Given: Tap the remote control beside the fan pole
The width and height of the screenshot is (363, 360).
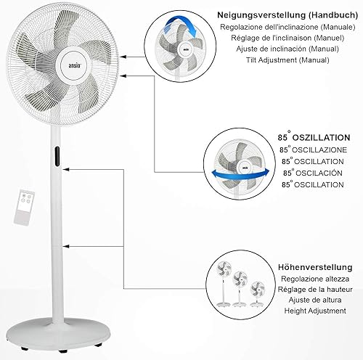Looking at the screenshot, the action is coord(24,208).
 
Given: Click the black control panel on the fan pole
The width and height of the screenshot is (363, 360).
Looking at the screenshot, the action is coord(57,156).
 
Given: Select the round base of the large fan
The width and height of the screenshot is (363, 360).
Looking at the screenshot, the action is coord(58,333).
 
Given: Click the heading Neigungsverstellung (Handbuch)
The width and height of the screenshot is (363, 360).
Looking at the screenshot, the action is coord(287,15).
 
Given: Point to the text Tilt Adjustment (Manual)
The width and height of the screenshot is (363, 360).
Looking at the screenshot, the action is coord(287,60).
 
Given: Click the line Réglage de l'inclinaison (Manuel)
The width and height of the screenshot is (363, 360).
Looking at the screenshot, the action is coord(287,38).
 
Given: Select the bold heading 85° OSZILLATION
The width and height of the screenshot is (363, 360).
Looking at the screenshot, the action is coord(314,137).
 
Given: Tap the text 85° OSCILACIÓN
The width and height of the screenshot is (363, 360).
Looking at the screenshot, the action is coord(313,173).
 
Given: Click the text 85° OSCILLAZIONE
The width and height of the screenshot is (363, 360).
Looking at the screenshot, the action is coord(313,150).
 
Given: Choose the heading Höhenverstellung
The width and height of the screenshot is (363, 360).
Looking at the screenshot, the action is coord(315,267).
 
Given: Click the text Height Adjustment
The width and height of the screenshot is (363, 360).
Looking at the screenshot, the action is coord(315,311).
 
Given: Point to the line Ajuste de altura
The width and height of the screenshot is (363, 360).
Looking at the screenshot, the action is coord(315,300).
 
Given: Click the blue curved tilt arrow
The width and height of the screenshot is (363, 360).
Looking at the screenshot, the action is coord(181,23).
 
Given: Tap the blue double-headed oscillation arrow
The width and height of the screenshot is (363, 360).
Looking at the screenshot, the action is coord(240,173).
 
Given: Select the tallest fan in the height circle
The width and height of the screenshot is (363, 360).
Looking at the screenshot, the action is coord(224,284).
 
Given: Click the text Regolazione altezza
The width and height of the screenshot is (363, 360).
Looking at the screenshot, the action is coord(315,279).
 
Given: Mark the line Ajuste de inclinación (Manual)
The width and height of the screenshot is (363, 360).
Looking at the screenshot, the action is coord(287,49).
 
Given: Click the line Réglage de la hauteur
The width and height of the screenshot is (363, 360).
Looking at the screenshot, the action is coord(315,290).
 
